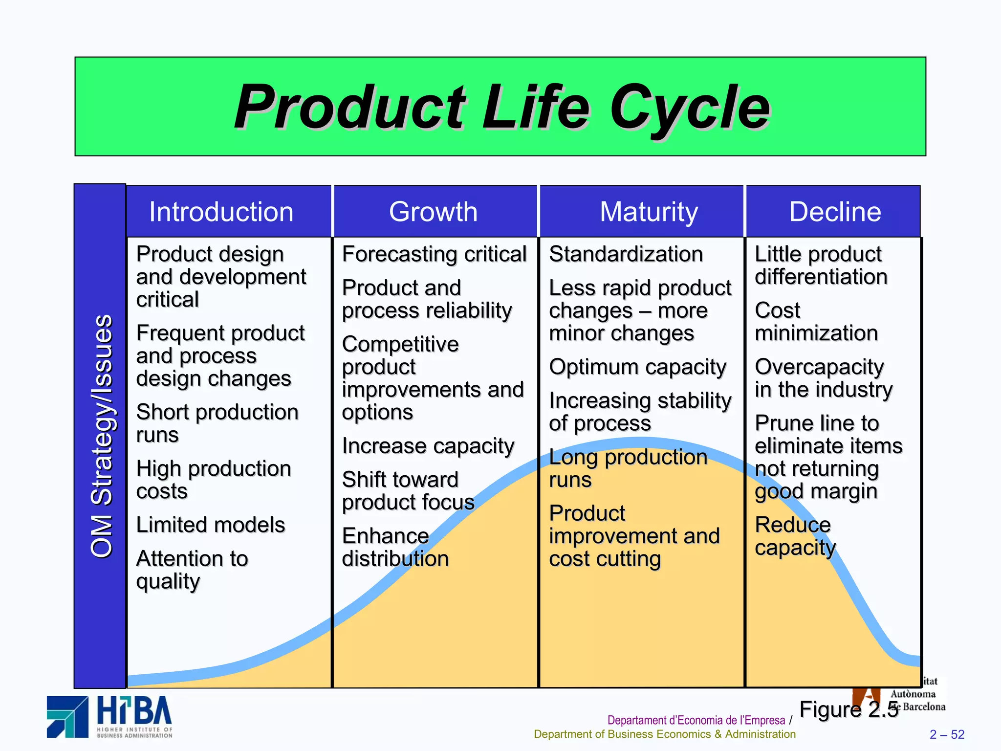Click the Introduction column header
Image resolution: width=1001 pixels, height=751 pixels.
[221, 212]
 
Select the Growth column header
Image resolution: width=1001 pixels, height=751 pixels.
[433, 212]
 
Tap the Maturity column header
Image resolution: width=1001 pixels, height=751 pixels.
[649, 212]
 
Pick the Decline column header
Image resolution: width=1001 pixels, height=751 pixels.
[835, 212]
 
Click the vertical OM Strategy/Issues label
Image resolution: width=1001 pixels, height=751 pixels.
[101, 436]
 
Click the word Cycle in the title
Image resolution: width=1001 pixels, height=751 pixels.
[689, 107]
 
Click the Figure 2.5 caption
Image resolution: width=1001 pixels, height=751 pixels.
[849, 709]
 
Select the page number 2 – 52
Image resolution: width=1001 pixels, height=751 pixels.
[947, 734]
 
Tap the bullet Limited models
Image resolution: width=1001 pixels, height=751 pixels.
[211, 525]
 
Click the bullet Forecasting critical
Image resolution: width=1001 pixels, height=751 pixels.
[434, 254]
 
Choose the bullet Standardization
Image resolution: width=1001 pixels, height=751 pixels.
[626, 254]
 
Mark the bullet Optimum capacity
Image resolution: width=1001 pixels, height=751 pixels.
[637, 367]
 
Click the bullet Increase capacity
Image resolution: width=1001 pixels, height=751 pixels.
[428, 446]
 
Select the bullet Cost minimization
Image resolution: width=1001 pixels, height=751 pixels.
[816, 322]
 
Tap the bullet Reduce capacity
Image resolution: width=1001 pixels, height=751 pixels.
[795, 536]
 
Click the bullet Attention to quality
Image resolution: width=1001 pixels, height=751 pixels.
[192, 570]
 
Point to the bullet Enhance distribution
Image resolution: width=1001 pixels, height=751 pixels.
[395, 548]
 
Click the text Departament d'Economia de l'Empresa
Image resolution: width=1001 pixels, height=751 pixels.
[696, 720]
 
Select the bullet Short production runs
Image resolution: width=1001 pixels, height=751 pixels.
[217, 423]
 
